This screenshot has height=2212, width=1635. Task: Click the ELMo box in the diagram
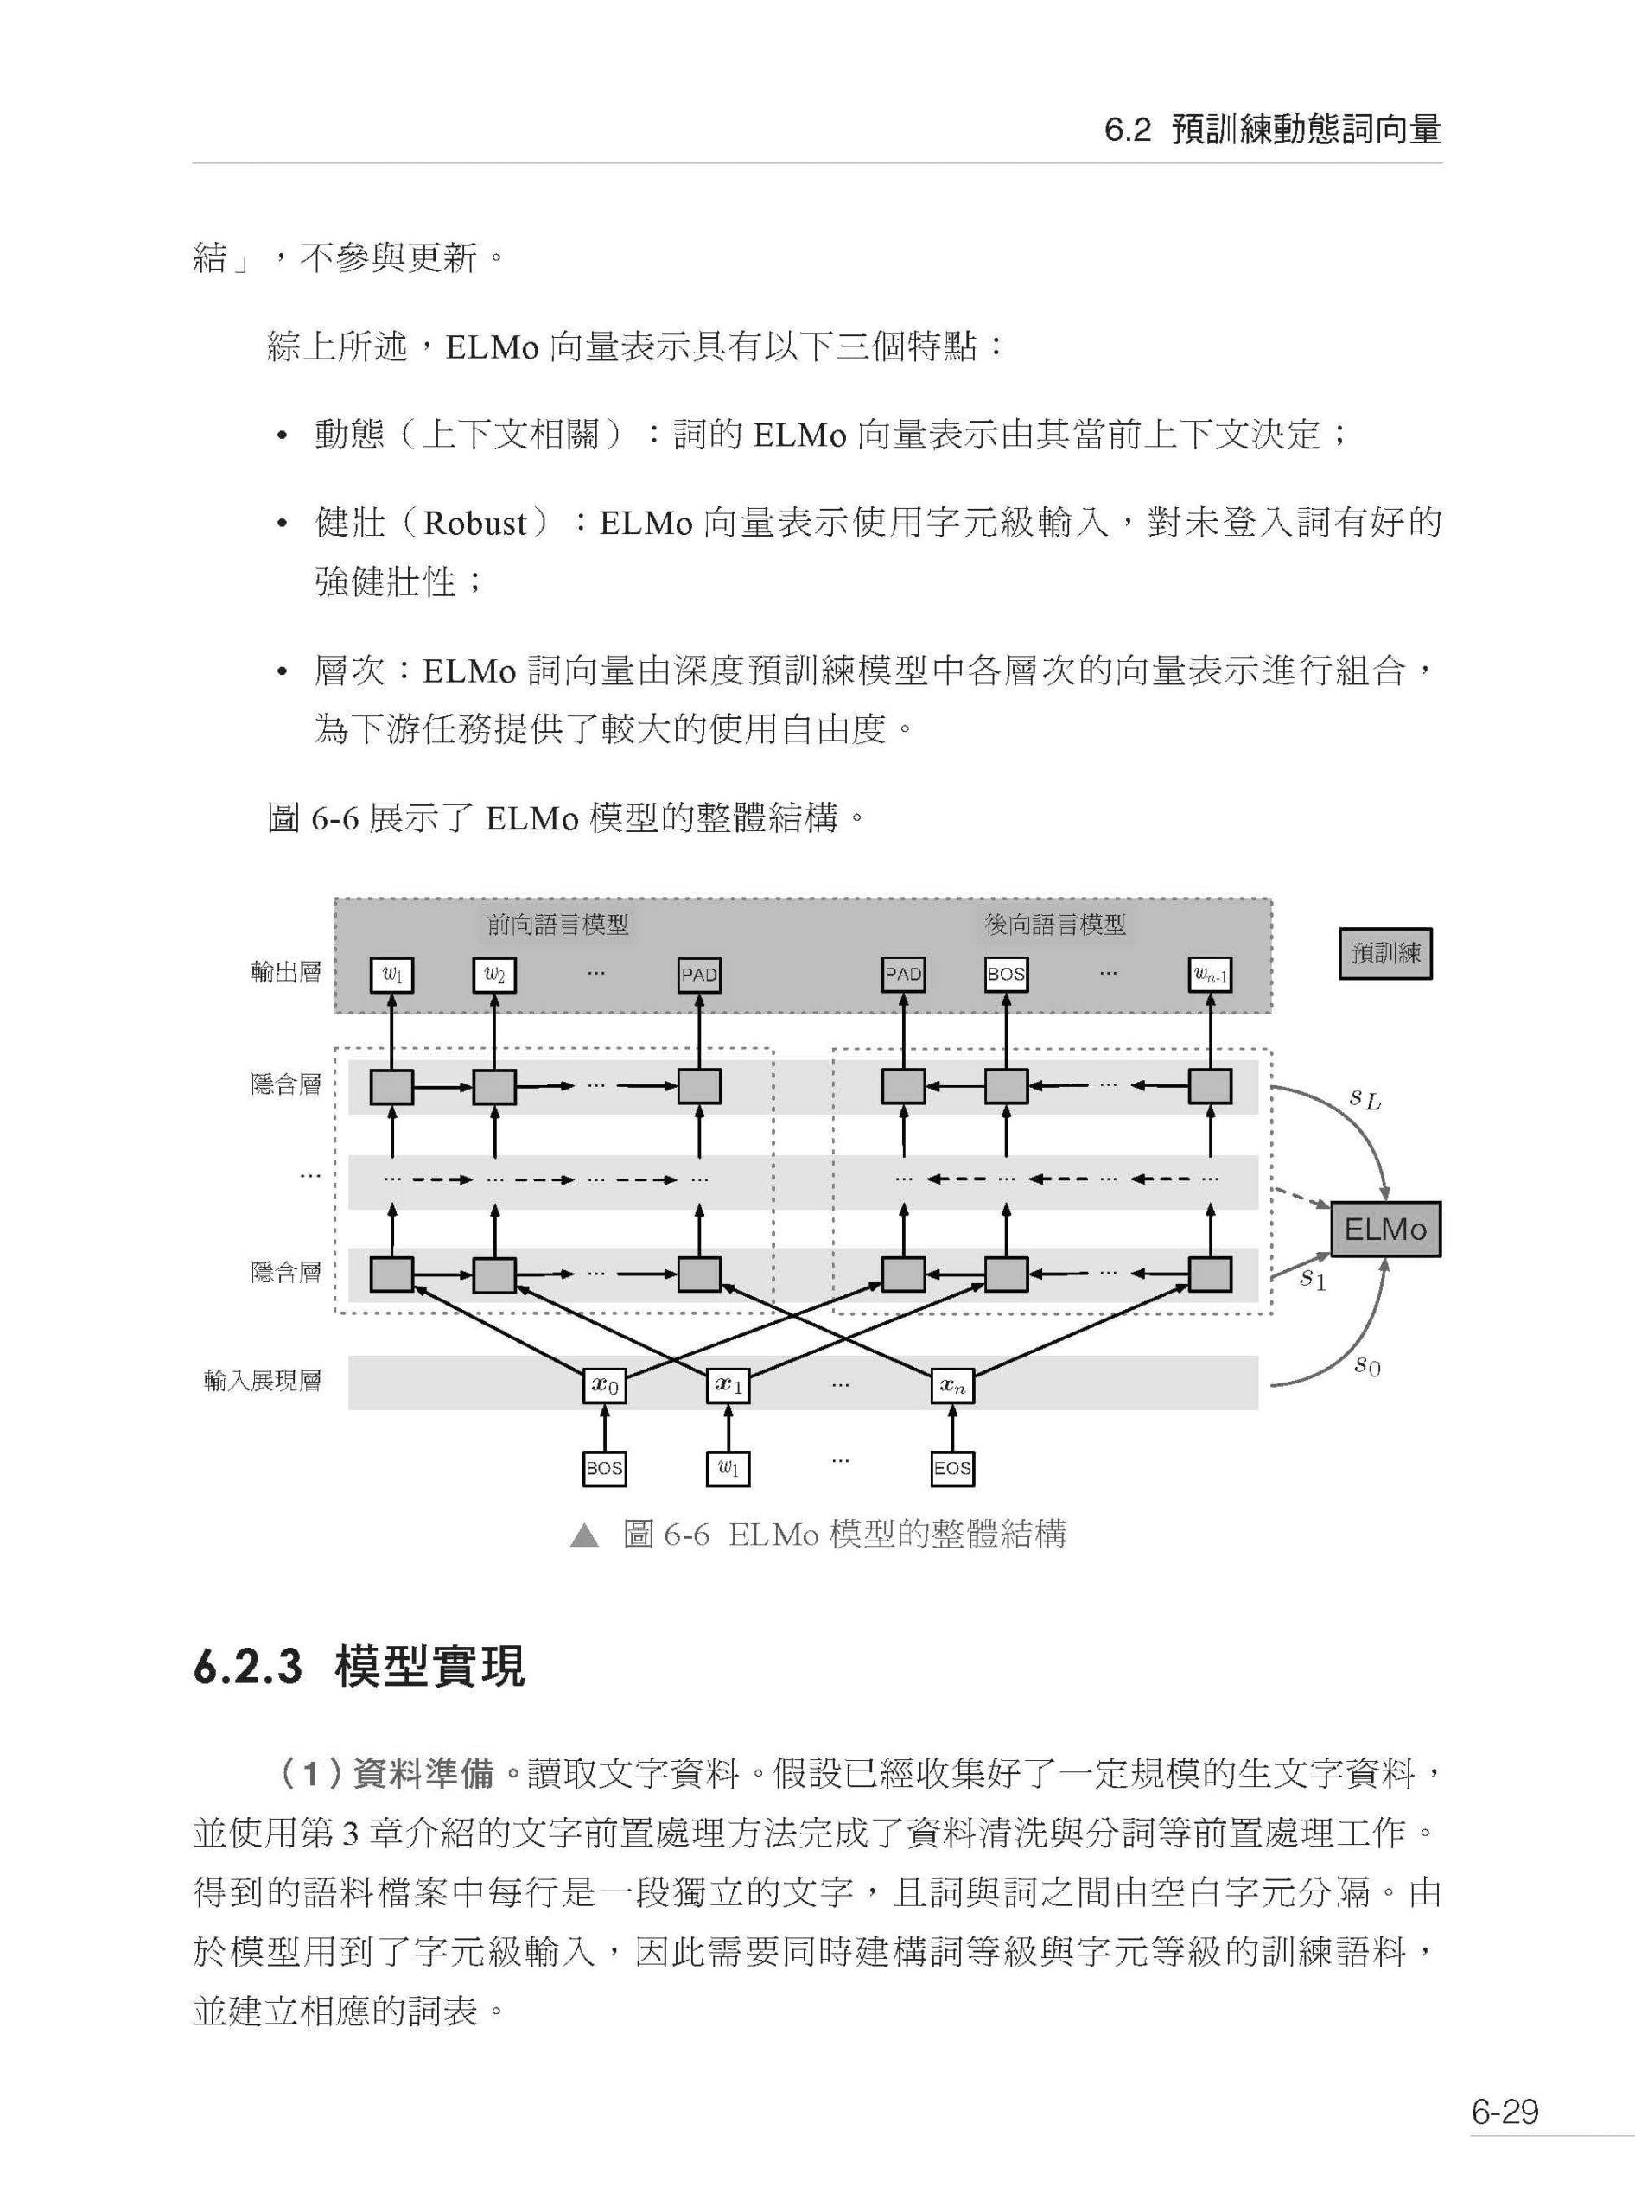click(1384, 1230)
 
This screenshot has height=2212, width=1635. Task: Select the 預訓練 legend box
click(1385, 953)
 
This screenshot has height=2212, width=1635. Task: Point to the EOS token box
click(953, 1468)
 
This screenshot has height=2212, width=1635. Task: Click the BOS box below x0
click(605, 1468)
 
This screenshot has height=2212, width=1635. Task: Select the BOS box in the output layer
click(1007, 974)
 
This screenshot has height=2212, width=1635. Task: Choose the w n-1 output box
click(1211, 975)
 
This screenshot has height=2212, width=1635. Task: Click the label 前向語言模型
click(558, 925)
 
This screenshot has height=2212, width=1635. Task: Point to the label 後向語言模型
click(1055, 925)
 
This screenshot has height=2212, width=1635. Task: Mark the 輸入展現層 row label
click(262, 1381)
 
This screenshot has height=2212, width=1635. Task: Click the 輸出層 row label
click(286, 972)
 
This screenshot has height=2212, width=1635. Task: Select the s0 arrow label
click(1367, 1366)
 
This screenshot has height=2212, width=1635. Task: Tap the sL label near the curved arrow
click(1365, 1098)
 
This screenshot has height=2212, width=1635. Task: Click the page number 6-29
click(1505, 2111)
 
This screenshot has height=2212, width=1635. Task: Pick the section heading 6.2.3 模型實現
click(359, 1666)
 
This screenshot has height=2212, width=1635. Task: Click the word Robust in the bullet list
click(475, 523)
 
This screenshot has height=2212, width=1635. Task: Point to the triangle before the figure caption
click(585, 1535)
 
